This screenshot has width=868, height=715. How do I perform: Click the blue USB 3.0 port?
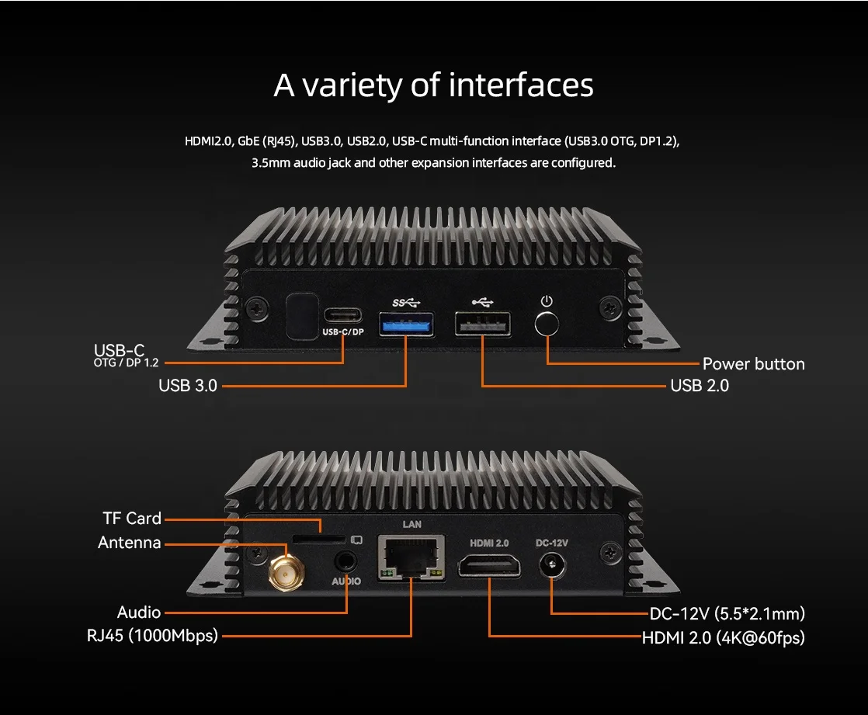405,323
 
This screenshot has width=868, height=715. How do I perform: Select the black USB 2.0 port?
482,324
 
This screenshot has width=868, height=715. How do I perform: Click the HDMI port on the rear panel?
489,566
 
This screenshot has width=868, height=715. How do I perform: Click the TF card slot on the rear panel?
318,537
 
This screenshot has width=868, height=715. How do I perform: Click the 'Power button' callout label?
753,363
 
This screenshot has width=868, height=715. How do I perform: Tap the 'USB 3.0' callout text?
188,385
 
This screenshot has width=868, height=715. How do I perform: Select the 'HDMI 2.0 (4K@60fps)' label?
723,638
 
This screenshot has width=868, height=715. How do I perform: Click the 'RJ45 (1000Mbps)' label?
153,636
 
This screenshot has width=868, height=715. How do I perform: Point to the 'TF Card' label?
132,518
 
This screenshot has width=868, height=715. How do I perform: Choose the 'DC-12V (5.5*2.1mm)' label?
727,613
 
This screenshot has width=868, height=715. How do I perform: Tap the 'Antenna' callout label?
130,543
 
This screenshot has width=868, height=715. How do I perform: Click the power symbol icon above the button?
547,300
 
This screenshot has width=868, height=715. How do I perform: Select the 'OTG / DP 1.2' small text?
126,363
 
